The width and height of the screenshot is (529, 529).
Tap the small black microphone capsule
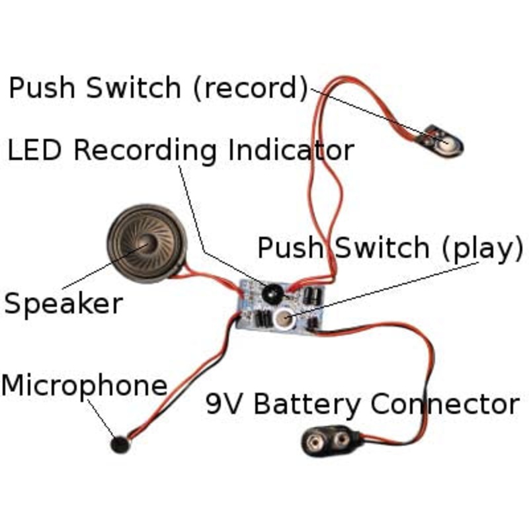coord(120,444)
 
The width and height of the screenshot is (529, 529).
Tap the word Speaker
coord(63,304)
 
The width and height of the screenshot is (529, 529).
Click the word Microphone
coord(84,386)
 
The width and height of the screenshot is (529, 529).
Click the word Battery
coord(308,403)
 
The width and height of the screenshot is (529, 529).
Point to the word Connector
coord(446,403)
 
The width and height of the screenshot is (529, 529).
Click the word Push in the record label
coord(48,87)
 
